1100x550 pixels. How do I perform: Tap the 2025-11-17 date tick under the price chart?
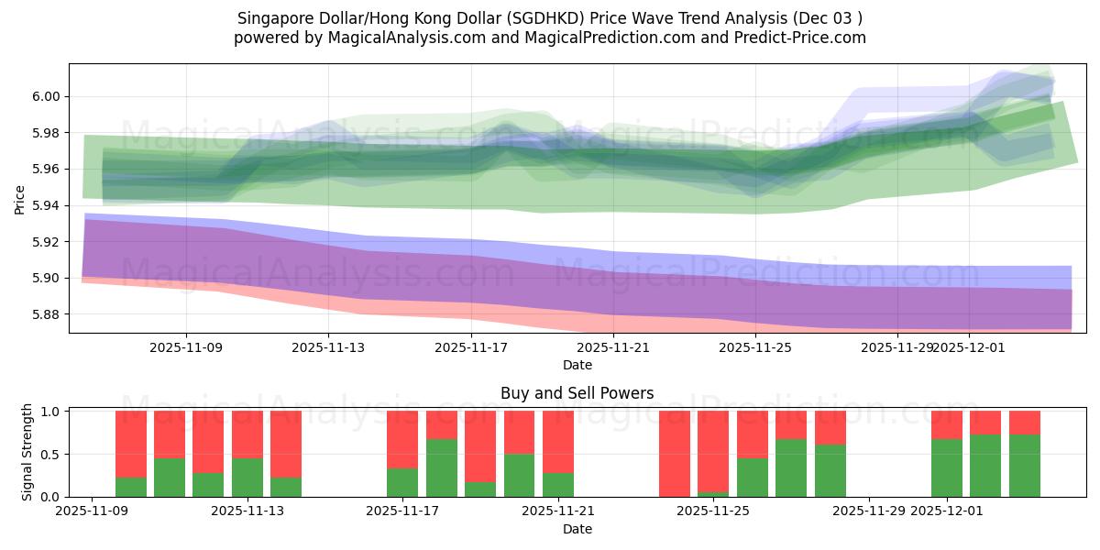[x=471, y=347]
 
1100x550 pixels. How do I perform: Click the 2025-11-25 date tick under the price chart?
[x=755, y=347]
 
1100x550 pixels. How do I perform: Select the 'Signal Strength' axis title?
[x=27, y=452]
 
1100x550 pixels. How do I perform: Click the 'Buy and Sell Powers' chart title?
[x=577, y=393]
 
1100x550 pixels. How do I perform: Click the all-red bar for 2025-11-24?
[x=675, y=454]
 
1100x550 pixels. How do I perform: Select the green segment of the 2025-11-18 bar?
[x=442, y=467]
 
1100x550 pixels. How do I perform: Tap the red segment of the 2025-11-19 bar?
[x=480, y=446]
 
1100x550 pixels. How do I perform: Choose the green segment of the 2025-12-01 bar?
[x=947, y=467]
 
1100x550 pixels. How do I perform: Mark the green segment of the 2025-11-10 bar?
[x=131, y=487]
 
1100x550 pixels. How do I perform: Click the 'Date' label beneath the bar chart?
[x=577, y=529]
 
